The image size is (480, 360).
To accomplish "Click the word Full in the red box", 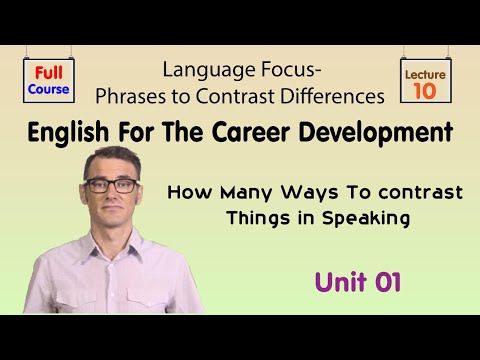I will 48,72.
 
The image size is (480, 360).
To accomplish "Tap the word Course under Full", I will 48,89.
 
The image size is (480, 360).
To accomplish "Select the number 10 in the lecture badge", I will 424,92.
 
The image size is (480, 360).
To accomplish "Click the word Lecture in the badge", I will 424,74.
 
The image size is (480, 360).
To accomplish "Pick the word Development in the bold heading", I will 386,132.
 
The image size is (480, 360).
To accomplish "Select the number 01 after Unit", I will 386,282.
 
